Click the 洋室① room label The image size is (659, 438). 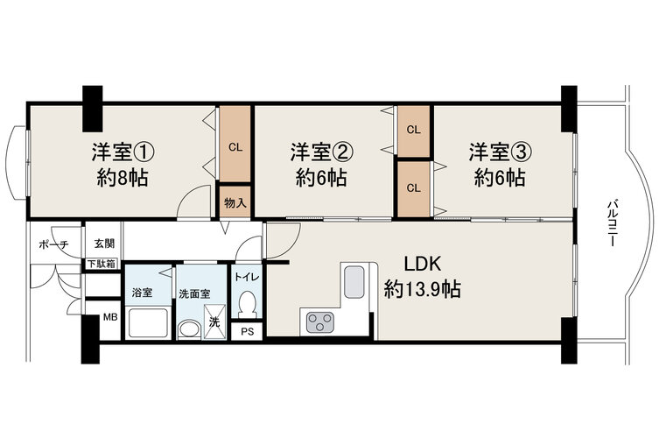123,152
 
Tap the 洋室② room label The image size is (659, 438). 321,152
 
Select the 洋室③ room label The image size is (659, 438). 501,152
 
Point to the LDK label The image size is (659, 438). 423,264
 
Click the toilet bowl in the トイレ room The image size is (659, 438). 247,305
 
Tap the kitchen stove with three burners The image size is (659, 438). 319,322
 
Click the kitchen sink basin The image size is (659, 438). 356,281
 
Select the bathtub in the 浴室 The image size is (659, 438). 148,322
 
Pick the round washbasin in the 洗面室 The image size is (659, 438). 189,330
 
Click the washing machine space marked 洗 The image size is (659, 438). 214,321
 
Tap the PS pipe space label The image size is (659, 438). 248,331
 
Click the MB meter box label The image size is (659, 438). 110,317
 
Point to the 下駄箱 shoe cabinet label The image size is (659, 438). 101,265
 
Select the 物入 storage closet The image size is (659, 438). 235,203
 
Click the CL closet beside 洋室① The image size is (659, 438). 235,144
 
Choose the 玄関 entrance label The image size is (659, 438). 104,244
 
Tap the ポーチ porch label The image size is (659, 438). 53,244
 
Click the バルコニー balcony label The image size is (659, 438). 612,223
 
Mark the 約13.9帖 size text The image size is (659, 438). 423,289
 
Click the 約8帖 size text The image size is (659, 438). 123,178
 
